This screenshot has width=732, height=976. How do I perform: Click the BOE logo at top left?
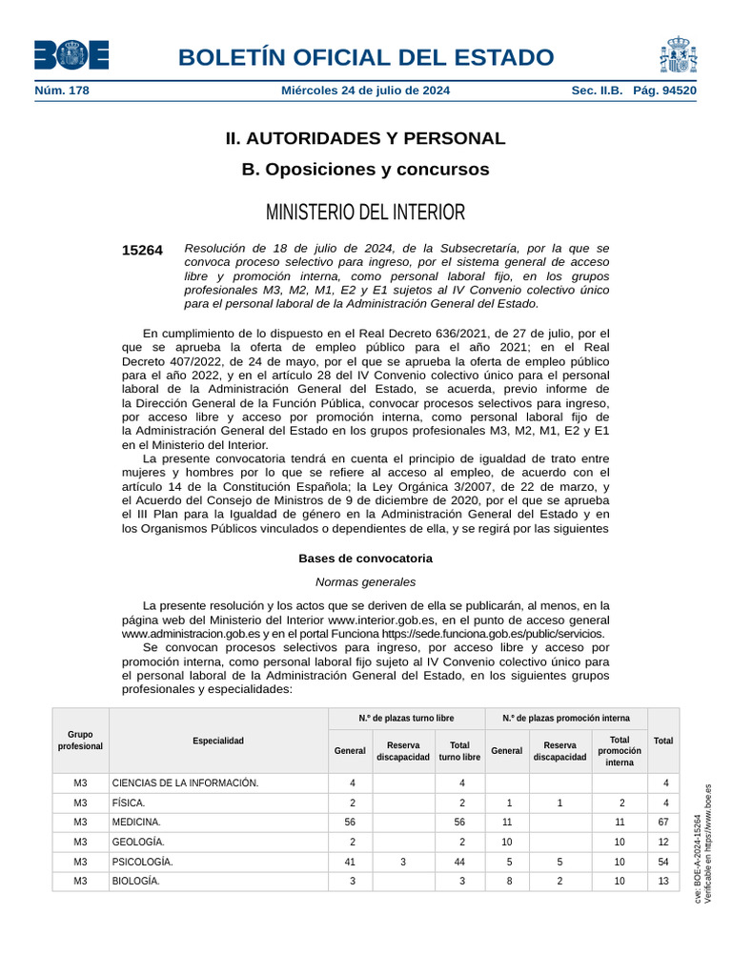click(x=71, y=55)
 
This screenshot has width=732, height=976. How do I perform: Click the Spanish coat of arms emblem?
click(x=678, y=55)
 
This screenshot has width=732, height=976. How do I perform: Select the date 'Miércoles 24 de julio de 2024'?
click(x=365, y=91)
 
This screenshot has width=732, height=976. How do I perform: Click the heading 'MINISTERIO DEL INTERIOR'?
click(x=365, y=212)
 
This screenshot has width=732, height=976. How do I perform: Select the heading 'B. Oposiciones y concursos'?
click(x=365, y=170)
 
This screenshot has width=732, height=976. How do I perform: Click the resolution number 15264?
click(x=142, y=251)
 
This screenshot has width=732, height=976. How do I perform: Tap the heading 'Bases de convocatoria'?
click(x=365, y=559)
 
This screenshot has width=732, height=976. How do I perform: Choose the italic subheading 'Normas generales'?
click(x=365, y=581)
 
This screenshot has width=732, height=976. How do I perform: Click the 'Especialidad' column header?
click(x=218, y=741)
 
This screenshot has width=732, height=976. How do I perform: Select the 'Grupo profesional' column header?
click(x=80, y=741)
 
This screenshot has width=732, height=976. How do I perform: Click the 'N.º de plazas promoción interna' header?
click(x=566, y=718)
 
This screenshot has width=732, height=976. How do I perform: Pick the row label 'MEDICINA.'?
click(x=136, y=822)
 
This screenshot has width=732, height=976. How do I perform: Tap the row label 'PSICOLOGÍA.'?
click(x=142, y=862)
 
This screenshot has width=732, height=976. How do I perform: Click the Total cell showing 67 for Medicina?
click(x=663, y=822)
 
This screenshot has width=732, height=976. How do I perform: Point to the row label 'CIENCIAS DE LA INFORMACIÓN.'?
click(x=185, y=783)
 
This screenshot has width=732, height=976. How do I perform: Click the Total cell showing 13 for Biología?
click(x=663, y=882)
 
